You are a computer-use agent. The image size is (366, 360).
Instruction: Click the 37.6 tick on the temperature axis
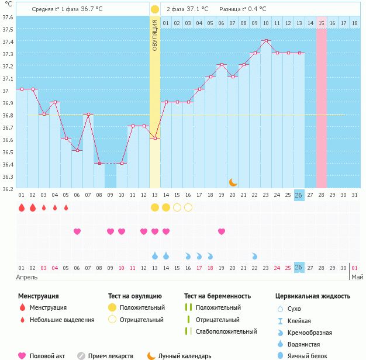pos(7,17)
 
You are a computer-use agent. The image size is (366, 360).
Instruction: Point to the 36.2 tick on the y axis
pos(7,189)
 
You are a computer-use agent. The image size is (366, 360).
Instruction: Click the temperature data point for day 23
pos(266,41)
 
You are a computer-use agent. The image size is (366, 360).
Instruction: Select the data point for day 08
pos(99,164)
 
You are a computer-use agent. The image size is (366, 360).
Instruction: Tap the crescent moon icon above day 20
pos(233,182)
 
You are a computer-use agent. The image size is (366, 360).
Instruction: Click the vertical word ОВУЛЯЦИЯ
pos(155,35)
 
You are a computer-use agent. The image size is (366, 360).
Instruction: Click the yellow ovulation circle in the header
pos(154,9)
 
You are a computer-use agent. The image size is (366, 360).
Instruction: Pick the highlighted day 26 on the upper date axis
pos(299,195)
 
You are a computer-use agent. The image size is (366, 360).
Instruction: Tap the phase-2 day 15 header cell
pos(322,23)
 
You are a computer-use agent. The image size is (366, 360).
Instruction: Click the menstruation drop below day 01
pos(22,207)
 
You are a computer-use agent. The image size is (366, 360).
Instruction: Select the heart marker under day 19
pos(222,231)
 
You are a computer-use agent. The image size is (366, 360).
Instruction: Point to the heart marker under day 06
pos(77,231)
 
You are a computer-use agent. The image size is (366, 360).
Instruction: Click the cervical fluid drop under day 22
pos(255,256)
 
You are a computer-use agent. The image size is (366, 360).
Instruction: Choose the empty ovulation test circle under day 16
pos(188,207)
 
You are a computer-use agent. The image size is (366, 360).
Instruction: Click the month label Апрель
pos(27,276)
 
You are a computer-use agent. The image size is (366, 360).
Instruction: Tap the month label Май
pos(357,276)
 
